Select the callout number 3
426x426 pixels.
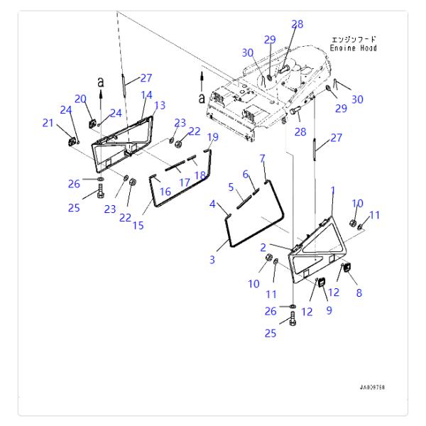212,260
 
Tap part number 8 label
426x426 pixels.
358,292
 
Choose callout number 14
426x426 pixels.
146,94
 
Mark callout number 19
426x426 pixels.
212,136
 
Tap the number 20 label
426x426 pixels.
80,99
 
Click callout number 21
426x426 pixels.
48,124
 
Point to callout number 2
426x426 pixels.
263,247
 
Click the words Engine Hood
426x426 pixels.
354,48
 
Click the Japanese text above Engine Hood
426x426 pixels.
354,38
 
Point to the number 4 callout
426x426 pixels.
212,204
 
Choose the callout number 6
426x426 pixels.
246,174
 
